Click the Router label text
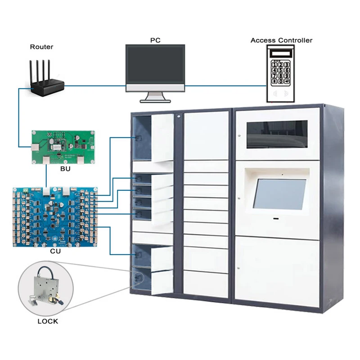click(41, 46)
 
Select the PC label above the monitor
click(155, 40)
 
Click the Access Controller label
click(281, 40)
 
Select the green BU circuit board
click(63, 146)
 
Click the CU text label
click(56, 253)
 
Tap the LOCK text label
click(48, 321)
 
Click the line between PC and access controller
click(225, 85)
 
